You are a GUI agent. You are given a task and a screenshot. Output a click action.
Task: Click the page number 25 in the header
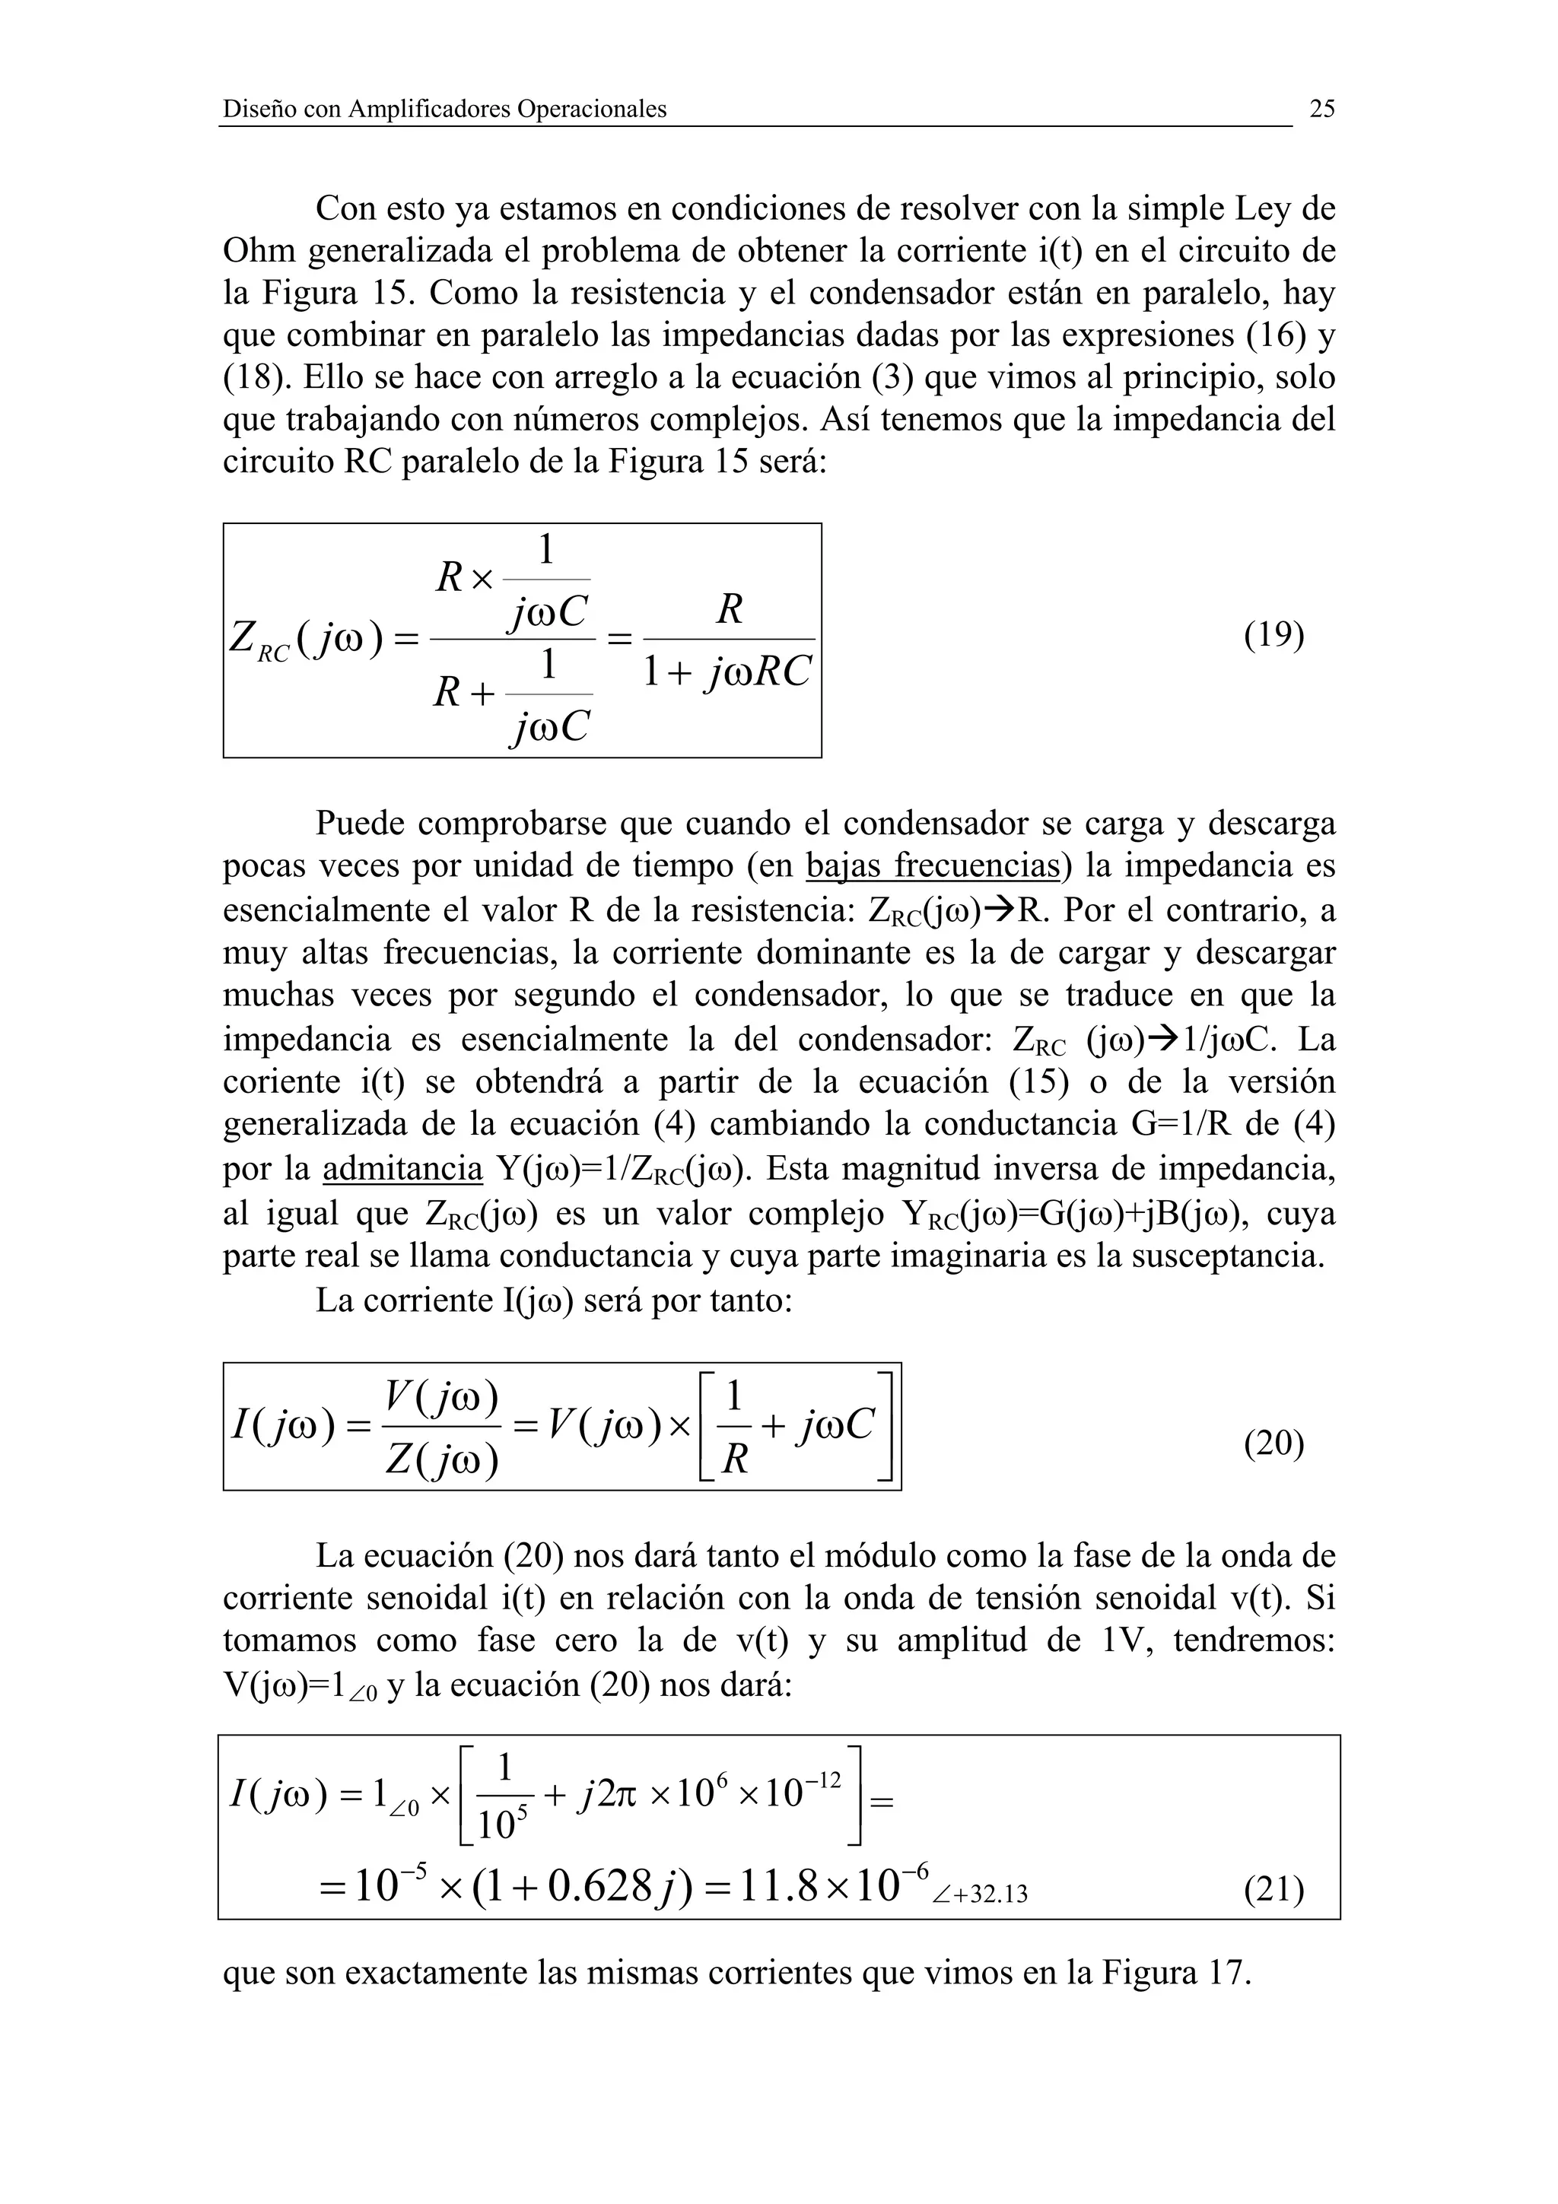pos(1322,109)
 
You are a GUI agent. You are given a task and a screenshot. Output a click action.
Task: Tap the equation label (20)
pos(1273,1443)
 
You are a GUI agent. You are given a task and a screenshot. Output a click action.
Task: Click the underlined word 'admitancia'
pos(402,1169)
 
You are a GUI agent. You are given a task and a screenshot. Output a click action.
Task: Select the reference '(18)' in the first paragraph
pos(256,377)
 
